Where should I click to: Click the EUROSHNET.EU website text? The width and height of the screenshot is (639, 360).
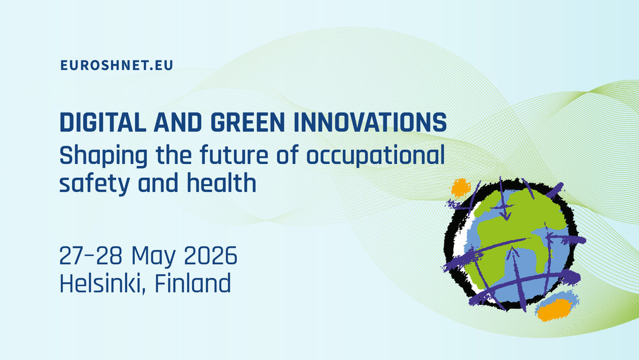117,65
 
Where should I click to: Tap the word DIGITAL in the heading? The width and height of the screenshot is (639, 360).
103,122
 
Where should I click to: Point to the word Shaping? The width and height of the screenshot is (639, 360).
104,156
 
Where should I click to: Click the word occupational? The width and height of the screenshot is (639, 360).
375,156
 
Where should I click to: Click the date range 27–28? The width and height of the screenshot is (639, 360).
91,256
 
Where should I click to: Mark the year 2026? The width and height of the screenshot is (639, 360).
211,256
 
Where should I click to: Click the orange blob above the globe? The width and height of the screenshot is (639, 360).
460,188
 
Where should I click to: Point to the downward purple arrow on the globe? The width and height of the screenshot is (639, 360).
504,200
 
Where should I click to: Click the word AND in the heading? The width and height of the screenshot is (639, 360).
177,122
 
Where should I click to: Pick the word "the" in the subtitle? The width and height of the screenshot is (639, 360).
173,155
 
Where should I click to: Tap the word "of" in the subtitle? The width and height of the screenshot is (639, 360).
288,155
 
